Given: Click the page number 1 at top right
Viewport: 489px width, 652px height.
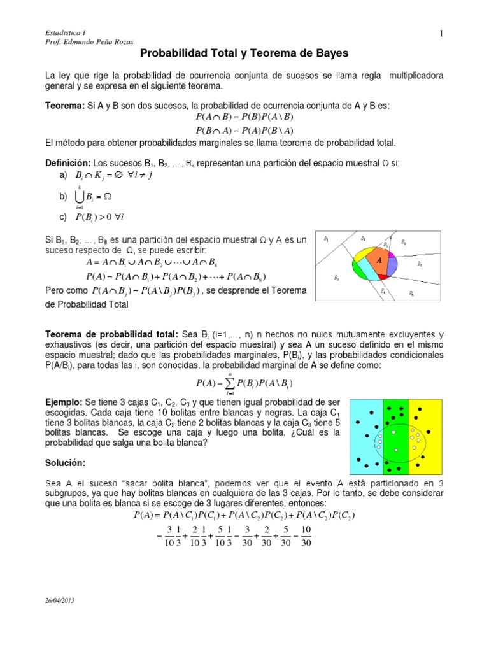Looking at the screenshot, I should click(x=440, y=34).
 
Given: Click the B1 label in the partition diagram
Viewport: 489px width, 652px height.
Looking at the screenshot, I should click(x=326, y=239).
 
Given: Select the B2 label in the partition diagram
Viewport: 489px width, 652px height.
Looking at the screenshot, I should click(x=336, y=278).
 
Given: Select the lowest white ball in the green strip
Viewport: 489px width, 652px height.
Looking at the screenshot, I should click(x=397, y=450).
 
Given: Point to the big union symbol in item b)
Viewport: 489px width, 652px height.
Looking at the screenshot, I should click(x=81, y=197).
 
